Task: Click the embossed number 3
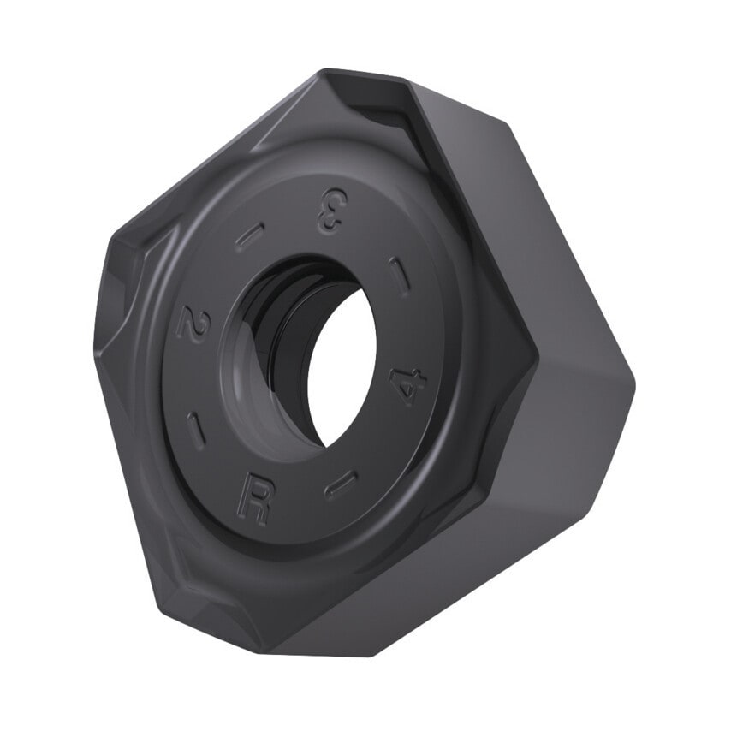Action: pos(330,211)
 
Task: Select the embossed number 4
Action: pos(408,384)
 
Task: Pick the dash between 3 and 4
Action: pos(400,276)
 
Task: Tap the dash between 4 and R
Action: pos(342,484)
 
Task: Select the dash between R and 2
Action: pos(196,431)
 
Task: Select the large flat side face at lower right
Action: pos(479,548)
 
